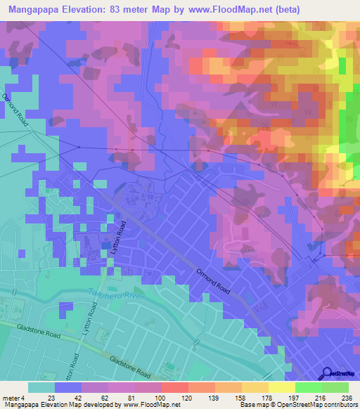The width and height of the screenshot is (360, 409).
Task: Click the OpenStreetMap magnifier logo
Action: click(x=328, y=374)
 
